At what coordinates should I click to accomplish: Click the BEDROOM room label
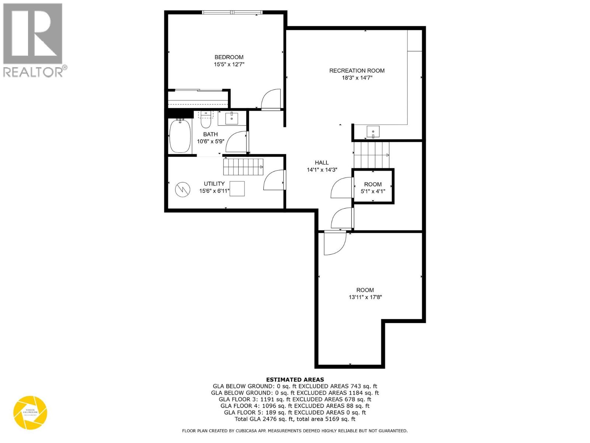point(229,57)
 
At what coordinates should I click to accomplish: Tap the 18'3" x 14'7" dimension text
point(357,78)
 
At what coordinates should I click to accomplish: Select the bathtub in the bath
point(180,136)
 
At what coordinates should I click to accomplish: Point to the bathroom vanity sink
point(231,119)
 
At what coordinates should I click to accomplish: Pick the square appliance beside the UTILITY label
point(237,189)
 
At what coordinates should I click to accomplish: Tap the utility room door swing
point(274,180)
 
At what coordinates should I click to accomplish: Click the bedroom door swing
point(271,99)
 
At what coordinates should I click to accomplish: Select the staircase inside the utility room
point(243,167)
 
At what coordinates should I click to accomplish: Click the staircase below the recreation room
point(371,155)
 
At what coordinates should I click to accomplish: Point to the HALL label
point(322,162)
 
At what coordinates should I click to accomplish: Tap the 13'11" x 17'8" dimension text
point(365,297)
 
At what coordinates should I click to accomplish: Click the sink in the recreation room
point(373,131)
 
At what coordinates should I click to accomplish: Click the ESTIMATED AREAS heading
point(295,380)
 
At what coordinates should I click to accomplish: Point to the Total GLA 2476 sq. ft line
point(295,419)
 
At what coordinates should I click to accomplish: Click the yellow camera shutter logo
point(30,413)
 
